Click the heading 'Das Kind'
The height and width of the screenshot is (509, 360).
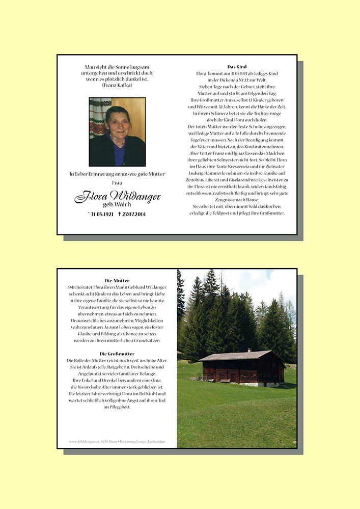pyautogui.click(x=237, y=67)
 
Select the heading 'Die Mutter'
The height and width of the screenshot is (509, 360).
pyautogui.click(x=117, y=281)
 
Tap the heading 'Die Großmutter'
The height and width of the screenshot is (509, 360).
pyautogui.click(x=117, y=354)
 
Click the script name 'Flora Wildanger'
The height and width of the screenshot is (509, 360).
pyautogui.click(x=117, y=196)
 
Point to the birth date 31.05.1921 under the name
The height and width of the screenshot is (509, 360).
pyautogui.click(x=101, y=215)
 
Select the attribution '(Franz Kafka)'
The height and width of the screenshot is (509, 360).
pyautogui.click(x=117, y=85)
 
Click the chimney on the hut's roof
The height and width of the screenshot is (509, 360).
pyautogui.click(x=249, y=350)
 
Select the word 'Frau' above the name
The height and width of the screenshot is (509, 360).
pyautogui.click(x=117, y=182)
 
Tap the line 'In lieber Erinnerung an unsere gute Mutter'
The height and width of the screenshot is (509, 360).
pyautogui.click(x=117, y=174)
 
